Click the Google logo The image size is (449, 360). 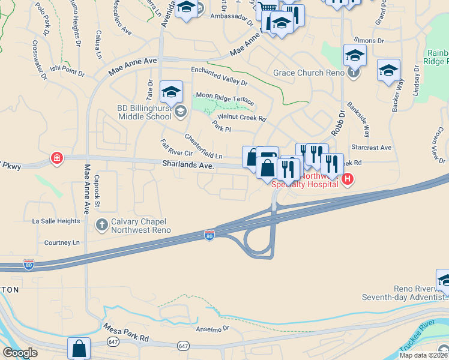click(20, 353)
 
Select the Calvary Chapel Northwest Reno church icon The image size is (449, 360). click(102, 225)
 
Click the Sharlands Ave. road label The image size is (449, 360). click(188, 164)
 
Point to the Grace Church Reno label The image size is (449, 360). click(309, 73)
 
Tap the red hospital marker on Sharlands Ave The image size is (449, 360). click(57, 158)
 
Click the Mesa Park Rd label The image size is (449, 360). click(126, 333)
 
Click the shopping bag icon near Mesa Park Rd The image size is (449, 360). click(79, 348)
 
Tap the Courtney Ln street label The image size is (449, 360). click(62, 243)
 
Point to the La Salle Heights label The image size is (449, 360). click(56, 221)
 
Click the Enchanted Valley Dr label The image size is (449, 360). click(219, 76)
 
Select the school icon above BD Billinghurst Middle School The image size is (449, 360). click(171, 92)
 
